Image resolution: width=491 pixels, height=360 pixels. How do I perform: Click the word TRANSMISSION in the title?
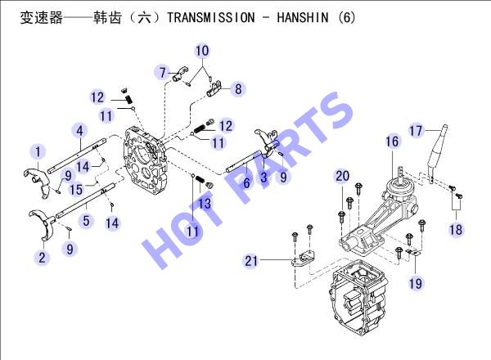pos(211,17)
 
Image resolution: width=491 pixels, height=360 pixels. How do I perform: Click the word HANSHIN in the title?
pos(303,17)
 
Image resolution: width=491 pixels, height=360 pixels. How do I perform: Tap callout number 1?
pos(38,152)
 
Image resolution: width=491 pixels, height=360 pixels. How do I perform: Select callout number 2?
pos(42,258)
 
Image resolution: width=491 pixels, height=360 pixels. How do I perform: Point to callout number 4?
pos(80,131)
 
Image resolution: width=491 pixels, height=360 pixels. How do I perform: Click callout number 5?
pos(86,221)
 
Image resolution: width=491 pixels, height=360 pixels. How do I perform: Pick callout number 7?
pos(163,73)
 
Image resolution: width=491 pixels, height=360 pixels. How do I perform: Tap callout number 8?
pos(238,89)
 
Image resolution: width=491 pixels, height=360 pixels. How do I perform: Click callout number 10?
pos(202,51)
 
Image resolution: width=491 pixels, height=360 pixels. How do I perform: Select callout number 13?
pos(205,204)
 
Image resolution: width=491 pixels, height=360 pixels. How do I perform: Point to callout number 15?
pos(76,189)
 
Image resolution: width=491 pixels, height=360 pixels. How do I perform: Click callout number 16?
pos(392,142)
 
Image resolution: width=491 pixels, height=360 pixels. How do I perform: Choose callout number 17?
pos(417,131)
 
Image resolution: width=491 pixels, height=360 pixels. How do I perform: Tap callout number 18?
pos(456,230)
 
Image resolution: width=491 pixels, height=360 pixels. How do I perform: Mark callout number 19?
pos(416,283)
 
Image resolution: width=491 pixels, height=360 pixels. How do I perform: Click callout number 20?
pos(343,176)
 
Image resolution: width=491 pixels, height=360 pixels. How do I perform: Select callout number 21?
pos(251,260)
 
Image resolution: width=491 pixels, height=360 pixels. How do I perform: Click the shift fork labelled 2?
pos(44,222)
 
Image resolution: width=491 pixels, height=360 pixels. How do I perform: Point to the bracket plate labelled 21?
pos(303,259)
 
